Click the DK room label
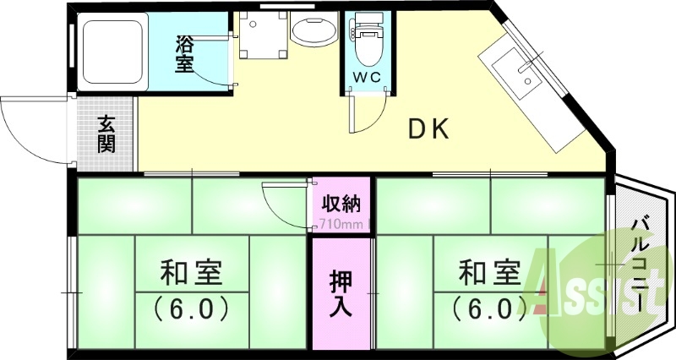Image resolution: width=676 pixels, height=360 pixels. (433, 129)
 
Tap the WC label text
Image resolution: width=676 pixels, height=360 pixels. (368, 78)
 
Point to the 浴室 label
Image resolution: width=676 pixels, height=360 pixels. (185, 52)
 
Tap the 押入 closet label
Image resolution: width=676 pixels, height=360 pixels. (341, 294)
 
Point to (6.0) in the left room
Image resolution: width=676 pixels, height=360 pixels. (191, 308)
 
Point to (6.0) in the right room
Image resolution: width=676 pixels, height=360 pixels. (488, 308)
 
